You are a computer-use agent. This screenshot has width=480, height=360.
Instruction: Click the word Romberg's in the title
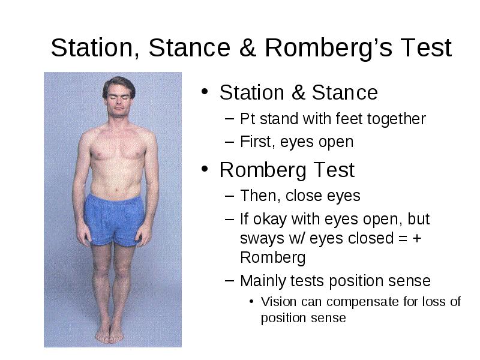point(328,49)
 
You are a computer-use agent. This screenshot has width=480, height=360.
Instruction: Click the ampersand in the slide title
point(247,47)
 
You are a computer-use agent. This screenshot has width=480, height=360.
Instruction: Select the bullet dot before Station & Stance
point(205,91)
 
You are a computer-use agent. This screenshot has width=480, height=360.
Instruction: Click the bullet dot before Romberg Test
point(205,169)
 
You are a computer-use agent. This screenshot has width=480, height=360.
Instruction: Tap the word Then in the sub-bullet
point(260,196)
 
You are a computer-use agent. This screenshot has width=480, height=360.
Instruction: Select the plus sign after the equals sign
point(417,238)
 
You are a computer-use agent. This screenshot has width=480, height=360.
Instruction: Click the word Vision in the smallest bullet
point(278,302)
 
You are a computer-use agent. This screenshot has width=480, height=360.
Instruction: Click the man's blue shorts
point(114,220)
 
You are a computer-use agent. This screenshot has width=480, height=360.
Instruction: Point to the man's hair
point(118,86)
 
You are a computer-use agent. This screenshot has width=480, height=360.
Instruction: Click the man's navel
point(116,191)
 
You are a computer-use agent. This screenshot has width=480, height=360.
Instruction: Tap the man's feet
point(109,334)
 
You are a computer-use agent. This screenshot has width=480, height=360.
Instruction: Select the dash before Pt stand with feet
point(229,119)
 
